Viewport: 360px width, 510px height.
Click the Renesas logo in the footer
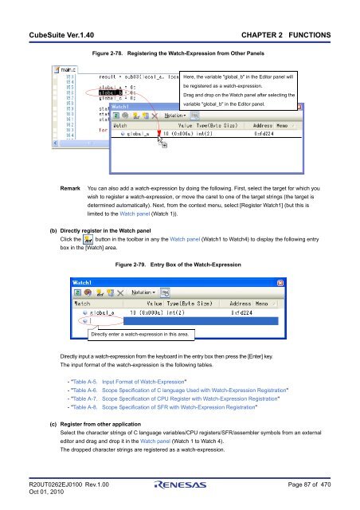click(179, 486)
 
